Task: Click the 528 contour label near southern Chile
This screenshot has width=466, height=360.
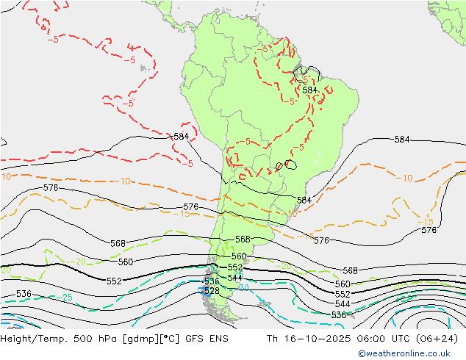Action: click(212, 291)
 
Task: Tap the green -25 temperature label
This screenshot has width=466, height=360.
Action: click(67, 298)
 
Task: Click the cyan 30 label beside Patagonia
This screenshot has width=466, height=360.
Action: click(243, 287)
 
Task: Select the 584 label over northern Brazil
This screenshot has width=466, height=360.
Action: click(309, 90)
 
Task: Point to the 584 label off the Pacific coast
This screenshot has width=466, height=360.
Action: click(181, 137)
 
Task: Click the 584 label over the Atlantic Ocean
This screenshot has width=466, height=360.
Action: click(402, 140)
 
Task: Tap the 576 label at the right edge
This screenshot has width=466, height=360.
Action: click(429, 230)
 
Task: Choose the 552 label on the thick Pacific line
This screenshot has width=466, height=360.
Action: click(114, 281)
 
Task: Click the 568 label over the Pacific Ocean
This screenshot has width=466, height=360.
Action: click(118, 243)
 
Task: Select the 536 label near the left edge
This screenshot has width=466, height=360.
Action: click(24, 294)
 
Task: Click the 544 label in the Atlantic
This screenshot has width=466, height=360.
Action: click(343, 304)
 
